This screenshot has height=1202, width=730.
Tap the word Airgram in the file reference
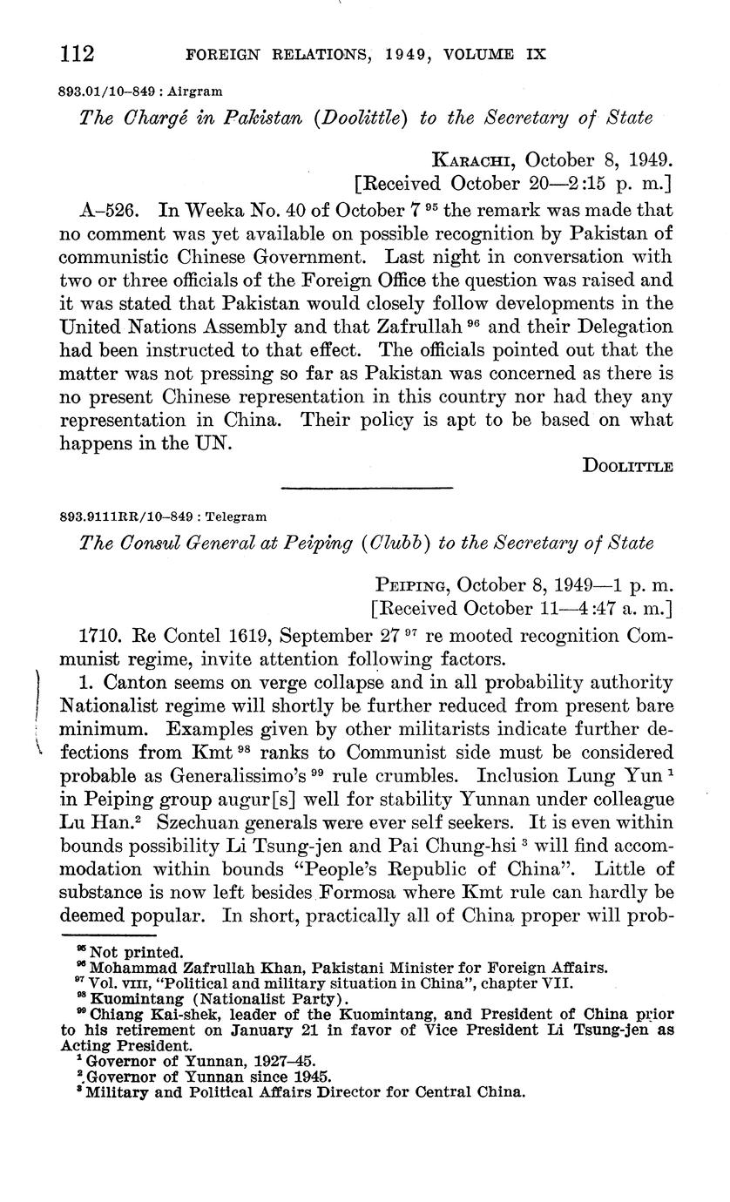(194, 90)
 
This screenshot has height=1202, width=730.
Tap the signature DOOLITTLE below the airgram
(628, 466)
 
